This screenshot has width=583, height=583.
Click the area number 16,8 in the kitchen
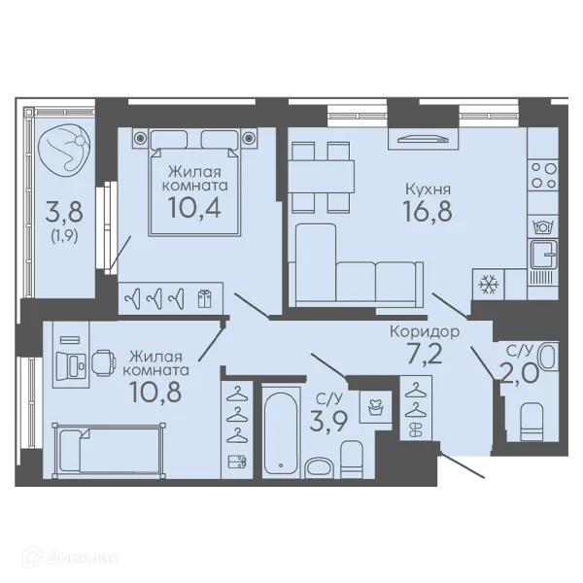pos(428,211)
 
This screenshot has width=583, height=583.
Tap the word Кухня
pos(428,189)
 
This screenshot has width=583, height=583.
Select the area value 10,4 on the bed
pos(194,207)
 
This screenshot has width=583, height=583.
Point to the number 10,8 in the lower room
pos(155,392)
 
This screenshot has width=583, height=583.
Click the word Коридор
pos(425,331)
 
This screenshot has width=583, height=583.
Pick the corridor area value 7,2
pos(425,354)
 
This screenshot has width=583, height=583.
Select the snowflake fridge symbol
pos(488,284)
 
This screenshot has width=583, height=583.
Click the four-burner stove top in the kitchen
pos(544,175)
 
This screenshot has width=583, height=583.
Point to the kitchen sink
pos(543,255)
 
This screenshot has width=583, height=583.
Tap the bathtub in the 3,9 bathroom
pos(281,432)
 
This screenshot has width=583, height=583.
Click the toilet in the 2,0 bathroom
pos(532,423)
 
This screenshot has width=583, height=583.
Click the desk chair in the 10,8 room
pos(104,364)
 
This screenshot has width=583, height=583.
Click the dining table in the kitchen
pos(321,177)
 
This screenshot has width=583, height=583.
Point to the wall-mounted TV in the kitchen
pos(423,139)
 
